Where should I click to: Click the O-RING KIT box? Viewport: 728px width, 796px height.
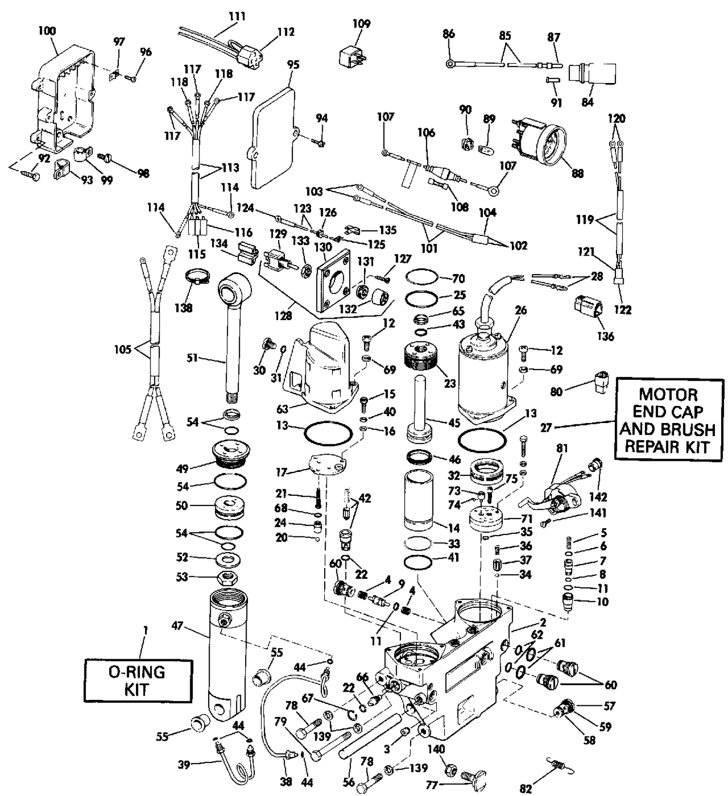pos(138,681)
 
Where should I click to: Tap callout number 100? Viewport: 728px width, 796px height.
pos(47,31)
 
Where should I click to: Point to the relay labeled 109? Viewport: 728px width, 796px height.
pos(352,56)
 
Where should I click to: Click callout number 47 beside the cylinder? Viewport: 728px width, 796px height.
pos(177,626)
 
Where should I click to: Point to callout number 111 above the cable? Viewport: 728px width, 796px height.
pos(237,16)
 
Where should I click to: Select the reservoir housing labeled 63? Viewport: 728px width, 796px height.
pos(323,365)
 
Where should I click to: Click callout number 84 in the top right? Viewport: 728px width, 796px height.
pos(587,102)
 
